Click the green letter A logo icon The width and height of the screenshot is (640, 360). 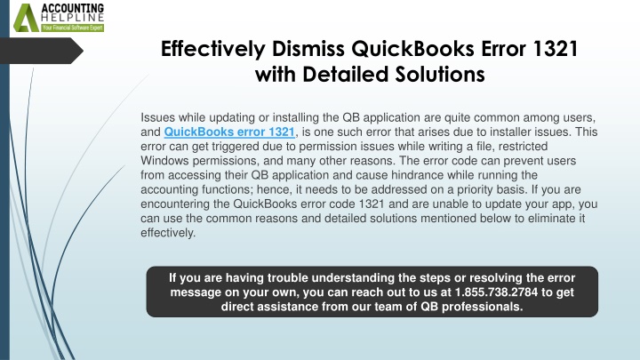[x=26, y=18]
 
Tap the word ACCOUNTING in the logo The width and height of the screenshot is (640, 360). [x=73, y=9]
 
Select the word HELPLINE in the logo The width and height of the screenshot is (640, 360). [x=73, y=19]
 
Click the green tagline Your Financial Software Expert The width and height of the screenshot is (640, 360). [x=73, y=28]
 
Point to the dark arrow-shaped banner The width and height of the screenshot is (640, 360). [x=41, y=51]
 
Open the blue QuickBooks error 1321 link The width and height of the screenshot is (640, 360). [x=229, y=132]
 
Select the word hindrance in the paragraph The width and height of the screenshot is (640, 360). [x=417, y=175]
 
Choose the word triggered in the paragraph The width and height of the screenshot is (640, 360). [x=235, y=147]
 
